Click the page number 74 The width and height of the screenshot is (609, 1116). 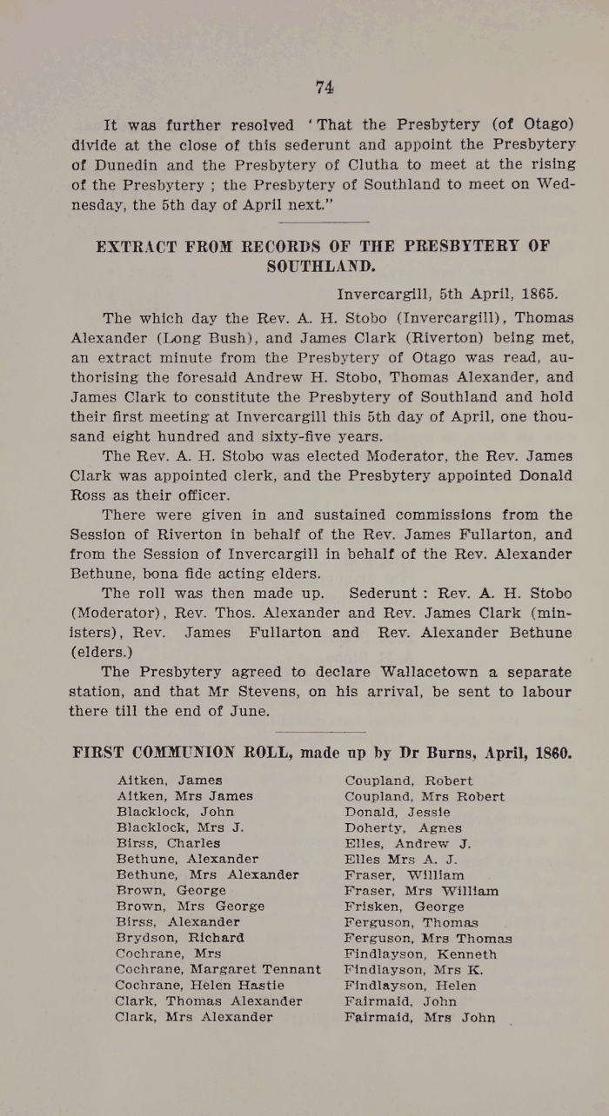pos(325,86)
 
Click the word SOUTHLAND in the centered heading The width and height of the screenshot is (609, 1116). pos(322,266)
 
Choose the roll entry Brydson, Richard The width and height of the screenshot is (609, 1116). pos(180,938)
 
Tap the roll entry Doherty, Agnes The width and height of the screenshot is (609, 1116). pos(403,827)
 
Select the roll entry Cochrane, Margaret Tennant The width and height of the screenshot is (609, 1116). pos(217,969)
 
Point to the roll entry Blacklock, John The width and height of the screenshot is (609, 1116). pos(175,812)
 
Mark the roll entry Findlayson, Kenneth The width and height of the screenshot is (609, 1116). pos(421,953)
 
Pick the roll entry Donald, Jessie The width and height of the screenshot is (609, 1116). pos(398,812)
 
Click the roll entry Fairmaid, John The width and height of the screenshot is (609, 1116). pos(400,1001)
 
